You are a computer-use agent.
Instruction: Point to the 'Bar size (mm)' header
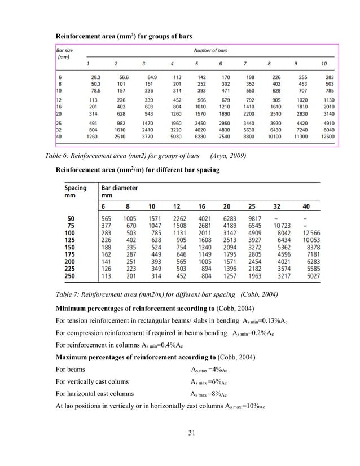coord(66,54)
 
